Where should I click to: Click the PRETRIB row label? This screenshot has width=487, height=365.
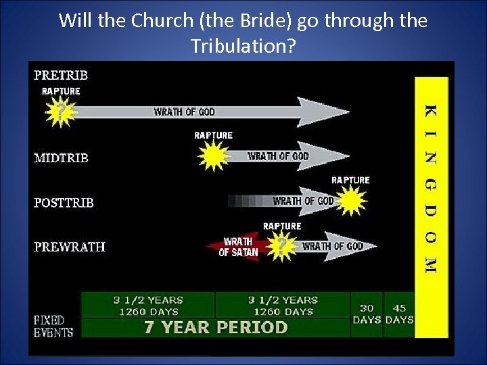click(61, 75)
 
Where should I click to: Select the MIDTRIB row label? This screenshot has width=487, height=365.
click(62, 158)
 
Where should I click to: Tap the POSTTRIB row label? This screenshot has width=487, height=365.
click(64, 203)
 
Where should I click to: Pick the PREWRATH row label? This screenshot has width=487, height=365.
click(70, 247)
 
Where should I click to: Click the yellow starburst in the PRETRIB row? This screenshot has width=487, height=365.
click(61, 112)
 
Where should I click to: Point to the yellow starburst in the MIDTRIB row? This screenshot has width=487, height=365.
click(213, 157)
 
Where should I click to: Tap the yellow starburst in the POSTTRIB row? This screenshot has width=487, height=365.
click(350, 201)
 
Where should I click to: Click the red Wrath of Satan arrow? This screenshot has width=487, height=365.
click(233, 247)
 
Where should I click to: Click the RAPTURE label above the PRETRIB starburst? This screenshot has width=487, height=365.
click(61, 91)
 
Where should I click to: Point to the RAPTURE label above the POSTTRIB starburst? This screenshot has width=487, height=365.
click(350, 180)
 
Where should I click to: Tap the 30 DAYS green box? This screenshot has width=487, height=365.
click(367, 314)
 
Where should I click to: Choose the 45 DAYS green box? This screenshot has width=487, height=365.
click(399, 314)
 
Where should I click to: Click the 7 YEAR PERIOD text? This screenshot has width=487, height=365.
click(216, 328)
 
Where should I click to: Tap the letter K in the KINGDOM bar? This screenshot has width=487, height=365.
click(431, 110)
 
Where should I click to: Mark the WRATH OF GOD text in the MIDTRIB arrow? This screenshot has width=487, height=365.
click(278, 156)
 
